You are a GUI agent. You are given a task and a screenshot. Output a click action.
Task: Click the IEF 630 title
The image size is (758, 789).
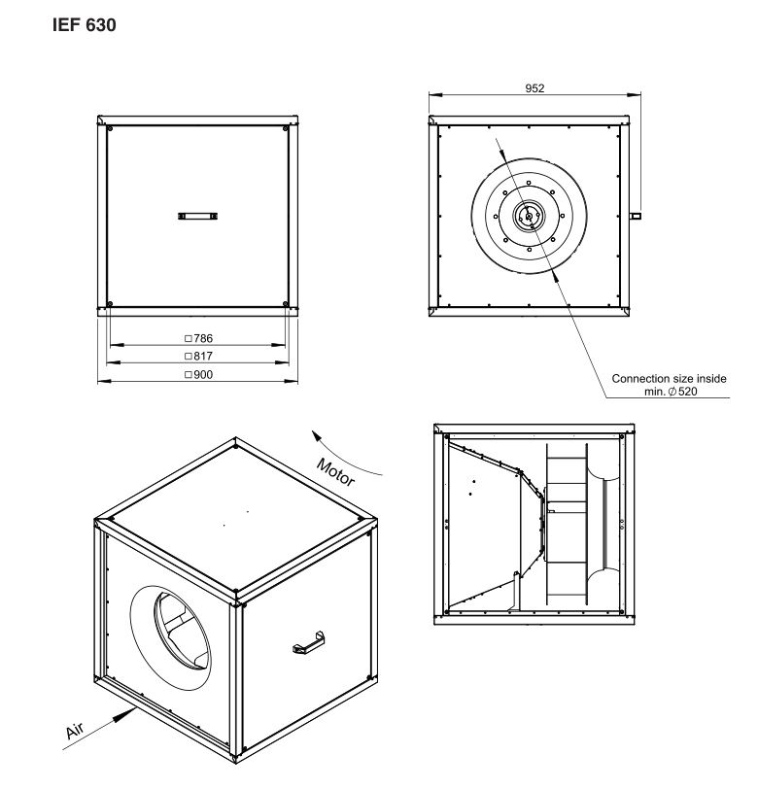(x=84, y=24)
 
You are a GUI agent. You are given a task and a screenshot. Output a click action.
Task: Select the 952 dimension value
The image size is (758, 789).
(x=534, y=88)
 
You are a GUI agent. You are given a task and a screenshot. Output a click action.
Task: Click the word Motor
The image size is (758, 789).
(x=335, y=472)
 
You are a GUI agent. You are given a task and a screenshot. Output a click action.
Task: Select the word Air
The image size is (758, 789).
(x=75, y=730)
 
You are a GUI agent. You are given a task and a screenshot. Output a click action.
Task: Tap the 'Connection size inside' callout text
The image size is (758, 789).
(x=669, y=378)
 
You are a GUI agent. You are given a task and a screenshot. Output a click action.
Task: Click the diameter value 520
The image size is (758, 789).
(x=687, y=392)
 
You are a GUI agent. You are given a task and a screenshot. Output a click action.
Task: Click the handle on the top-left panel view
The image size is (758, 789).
(x=198, y=216)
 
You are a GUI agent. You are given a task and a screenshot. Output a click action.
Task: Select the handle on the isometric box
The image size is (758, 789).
(x=308, y=642)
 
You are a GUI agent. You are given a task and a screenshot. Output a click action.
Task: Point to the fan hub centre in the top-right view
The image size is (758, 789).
(x=529, y=217)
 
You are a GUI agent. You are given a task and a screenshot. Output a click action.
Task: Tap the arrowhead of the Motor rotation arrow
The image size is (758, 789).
(x=317, y=435)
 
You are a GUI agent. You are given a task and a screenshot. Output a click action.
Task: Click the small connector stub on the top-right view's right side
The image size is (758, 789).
(x=636, y=216)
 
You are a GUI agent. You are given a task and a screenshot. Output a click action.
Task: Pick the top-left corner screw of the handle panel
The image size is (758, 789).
(x=110, y=129)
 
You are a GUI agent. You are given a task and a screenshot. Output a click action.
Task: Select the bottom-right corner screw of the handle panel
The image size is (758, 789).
(x=286, y=304)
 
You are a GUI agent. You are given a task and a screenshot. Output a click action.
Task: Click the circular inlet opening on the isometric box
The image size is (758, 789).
(x=171, y=637)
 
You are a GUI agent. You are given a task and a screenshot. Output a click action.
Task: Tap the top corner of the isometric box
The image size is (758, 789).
(x=235, y=439)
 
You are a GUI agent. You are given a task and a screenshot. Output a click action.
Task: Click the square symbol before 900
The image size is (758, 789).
(x=189, y=374)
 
